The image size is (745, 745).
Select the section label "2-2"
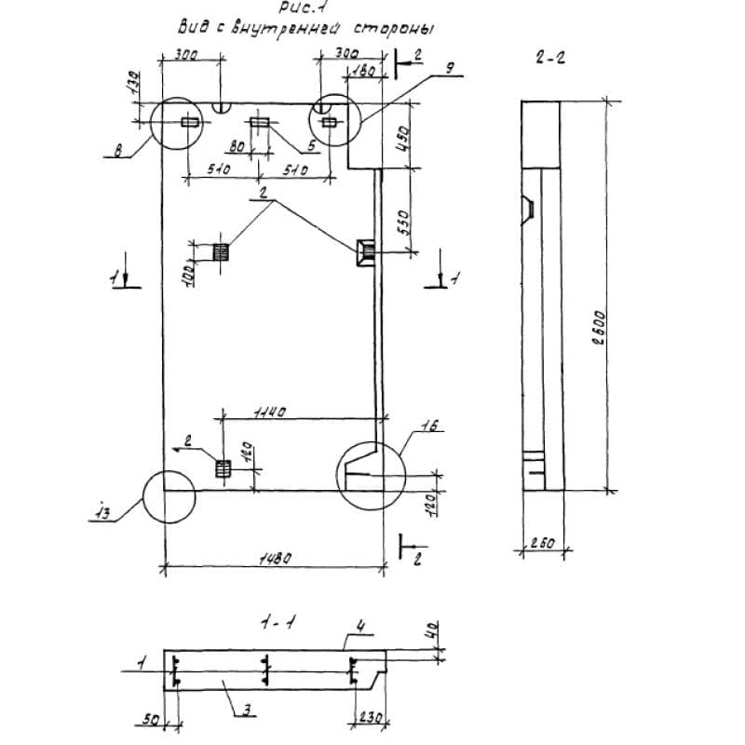pyautogui.click(x=551, y=58)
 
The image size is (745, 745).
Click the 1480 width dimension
pyautogui.click(x=276, y=558)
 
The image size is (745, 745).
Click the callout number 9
pyautogui.click(x=448, y=67)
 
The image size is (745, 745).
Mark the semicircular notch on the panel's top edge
pyautogui.click(x=222, y=108)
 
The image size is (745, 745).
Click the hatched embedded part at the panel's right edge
pyautogui.click(x=363, y=250)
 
